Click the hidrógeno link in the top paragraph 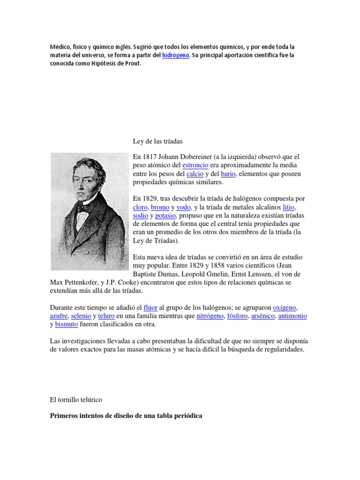tap(176, 56)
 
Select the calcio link tap(195, 174)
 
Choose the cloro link tap(140, 207)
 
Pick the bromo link tap(160, 207)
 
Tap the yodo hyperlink tap(184, 207)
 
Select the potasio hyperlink tap(165, 216)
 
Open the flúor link tap(150, 307)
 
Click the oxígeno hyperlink tap(285, 307)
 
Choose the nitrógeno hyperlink tap(210, 316)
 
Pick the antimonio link tap(292, 316)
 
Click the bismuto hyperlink tap(67, 324)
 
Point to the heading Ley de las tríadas tap(156, 141)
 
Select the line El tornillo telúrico tap(76, 399)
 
